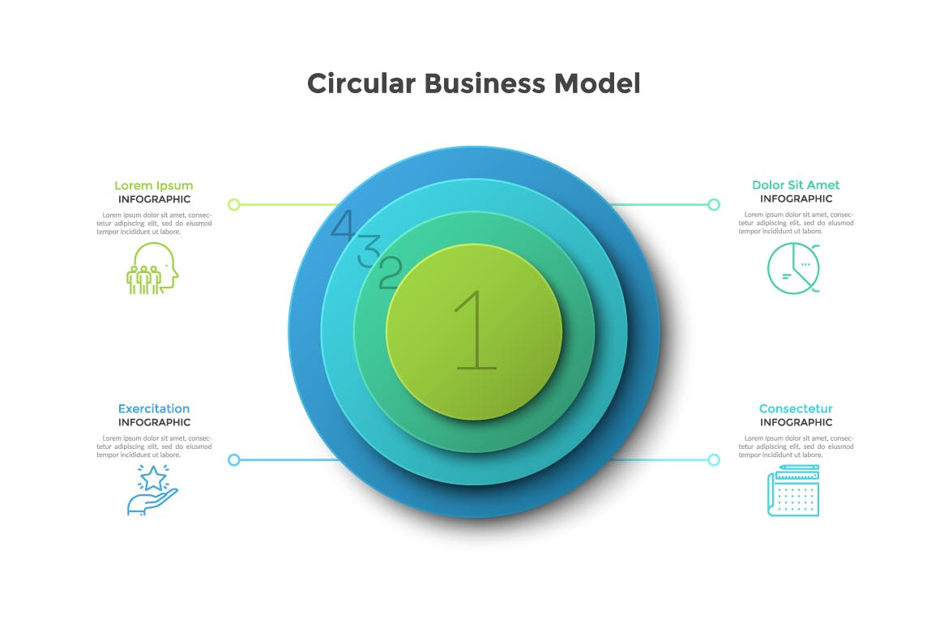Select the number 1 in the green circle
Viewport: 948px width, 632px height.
coord(475,331)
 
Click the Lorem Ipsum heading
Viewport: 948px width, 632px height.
coord(154,186)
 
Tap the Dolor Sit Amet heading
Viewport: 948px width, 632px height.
coord(796,185)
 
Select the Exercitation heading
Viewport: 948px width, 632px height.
coord(154,408)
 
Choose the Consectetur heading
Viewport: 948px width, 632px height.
coord(796,408)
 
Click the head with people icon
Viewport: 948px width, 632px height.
coord(152,268)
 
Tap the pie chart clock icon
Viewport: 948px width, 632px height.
coord(793,268)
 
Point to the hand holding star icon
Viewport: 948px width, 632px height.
coord(152,489)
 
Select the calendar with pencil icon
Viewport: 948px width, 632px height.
coord(793,490)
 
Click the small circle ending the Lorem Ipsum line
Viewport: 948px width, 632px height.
coord(234,204)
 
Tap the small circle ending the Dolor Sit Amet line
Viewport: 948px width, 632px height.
coord(714,204)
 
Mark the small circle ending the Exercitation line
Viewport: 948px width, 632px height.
coord(234,460)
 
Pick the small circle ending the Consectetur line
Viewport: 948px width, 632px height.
coord(714,460)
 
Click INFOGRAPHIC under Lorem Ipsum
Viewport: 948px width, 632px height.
coord(154,199)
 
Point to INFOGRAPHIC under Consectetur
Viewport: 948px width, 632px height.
coord(796,422)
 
